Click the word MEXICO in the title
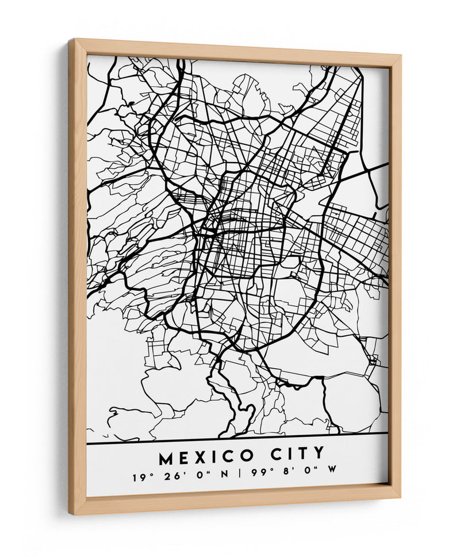206,458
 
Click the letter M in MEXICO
167,459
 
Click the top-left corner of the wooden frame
69,40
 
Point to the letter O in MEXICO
247,456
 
